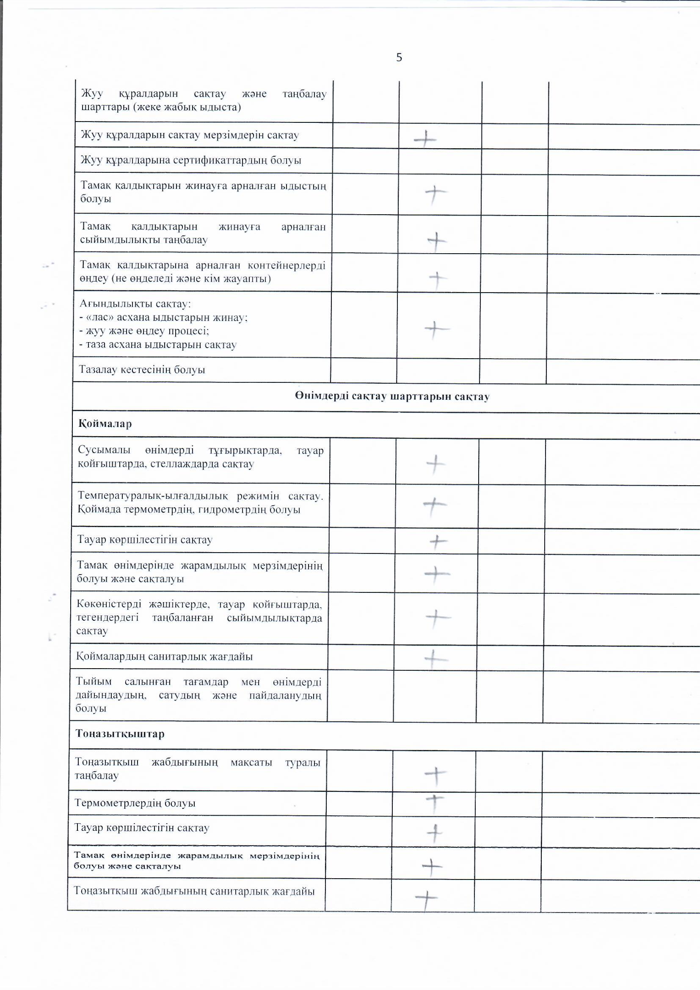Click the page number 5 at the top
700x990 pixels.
click(x=399, y=57)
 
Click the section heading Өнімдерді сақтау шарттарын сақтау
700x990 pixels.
click(x=392, y=396)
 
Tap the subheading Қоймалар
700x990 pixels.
click(x=105, y=423)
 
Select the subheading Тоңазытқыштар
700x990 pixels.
click(x=120, y=733)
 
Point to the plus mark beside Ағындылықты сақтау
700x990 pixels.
click(x=436, y=330)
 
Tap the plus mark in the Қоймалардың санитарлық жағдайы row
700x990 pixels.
click(x=436, y=659)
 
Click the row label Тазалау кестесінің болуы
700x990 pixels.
click(x=142, y=370)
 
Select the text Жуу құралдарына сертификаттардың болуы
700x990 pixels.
click(x=191, y=160)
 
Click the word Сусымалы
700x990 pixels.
click(x=104, y=450)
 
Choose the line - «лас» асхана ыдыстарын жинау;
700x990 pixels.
click(x=164, y=317)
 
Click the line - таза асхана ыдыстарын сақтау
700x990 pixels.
click(x=158, y=345)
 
